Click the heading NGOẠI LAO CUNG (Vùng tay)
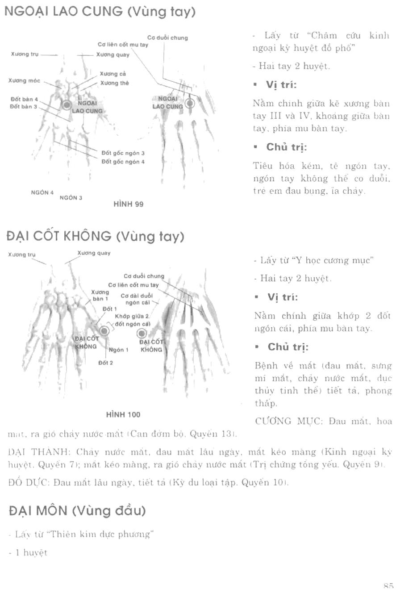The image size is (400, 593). point(100,12)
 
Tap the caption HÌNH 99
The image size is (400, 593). point(129,204)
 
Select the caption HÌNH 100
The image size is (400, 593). point(123,414)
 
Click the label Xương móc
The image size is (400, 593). point(24,81)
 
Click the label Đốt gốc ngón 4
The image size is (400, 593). point(123,162)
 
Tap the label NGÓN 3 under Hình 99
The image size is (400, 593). point(71,197)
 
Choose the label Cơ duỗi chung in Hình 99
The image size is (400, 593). point(167,38)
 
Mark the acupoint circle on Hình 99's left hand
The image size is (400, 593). point(67,105)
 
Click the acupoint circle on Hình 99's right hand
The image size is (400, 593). point(190,104)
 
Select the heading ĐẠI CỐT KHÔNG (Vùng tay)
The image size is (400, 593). point(96,236)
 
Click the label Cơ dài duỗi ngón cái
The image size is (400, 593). point(136,299)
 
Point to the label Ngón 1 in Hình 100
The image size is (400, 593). point(118,350)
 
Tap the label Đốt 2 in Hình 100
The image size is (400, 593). point(106,363)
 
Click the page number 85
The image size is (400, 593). point(387,586)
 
